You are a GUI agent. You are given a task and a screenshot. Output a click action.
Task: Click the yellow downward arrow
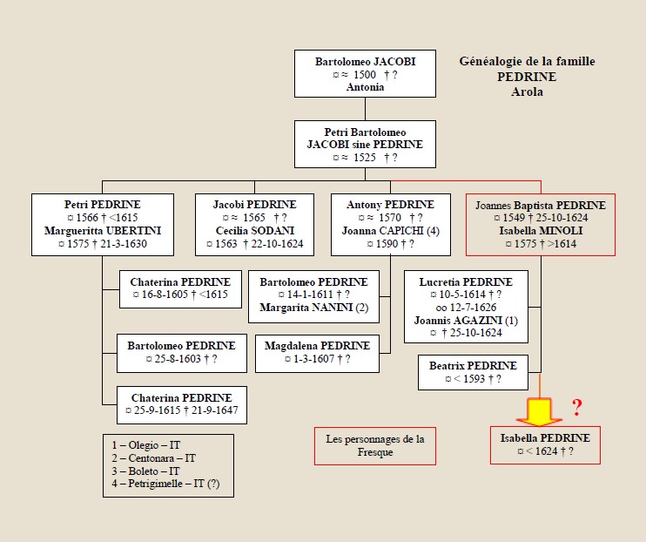click(x=541, y=406)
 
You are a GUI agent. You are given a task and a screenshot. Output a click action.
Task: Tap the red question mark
click(x=575, y=406)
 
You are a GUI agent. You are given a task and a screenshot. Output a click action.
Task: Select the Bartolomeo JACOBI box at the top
click(x=365, y=74)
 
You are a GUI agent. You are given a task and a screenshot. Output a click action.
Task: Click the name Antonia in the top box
click(x=365, y=87)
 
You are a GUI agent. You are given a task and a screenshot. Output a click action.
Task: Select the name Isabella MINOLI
click(x=541, y=231)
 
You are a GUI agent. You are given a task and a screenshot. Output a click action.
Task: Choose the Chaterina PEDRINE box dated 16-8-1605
click(x=180, y=288)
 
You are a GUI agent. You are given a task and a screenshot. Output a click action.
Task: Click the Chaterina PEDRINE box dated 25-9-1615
click(x=180, y=404)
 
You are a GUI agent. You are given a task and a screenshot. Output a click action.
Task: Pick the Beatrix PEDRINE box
click(x=473, y=372)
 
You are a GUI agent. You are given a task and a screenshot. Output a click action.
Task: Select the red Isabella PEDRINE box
click(x=545, y=445)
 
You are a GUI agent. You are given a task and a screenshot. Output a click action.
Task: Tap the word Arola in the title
click(x=527, y=91)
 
